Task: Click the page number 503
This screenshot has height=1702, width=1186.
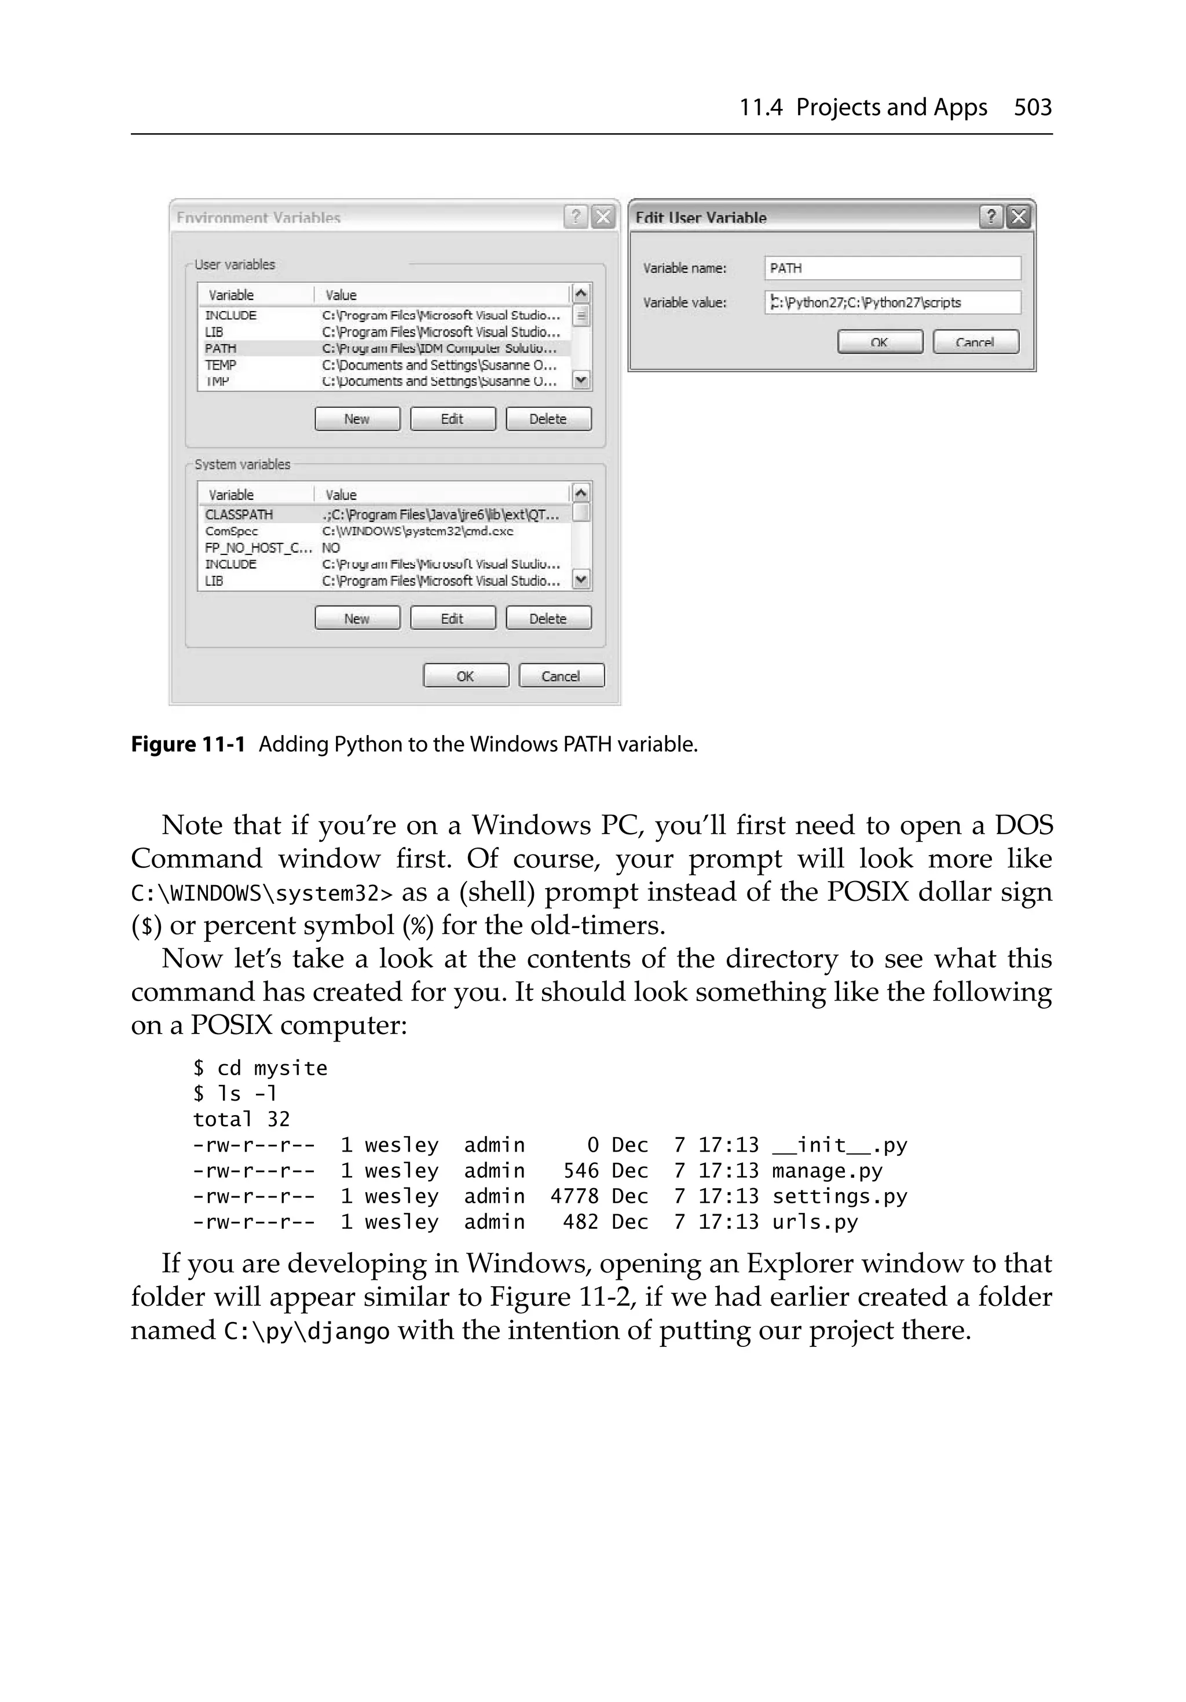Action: coord(1032,108)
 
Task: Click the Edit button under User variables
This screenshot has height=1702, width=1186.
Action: coord(452,419)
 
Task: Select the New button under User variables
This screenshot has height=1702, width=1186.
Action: coord(357,419)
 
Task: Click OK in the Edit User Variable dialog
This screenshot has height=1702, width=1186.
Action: coord(879,342)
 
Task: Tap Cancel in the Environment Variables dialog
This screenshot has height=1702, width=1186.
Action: coord(561,675)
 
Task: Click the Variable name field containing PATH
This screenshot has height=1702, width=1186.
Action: coord(892,268)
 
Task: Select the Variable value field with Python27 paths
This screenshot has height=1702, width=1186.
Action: coord(892,302)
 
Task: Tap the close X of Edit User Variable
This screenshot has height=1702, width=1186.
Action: coord(1019,217)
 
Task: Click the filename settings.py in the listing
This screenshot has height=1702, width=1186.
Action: coord(839,1196)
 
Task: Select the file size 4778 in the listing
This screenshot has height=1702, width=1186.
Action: coord(574,1196)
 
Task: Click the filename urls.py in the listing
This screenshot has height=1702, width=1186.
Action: coord(815,1222)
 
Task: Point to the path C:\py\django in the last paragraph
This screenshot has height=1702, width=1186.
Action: coord(306,1331)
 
